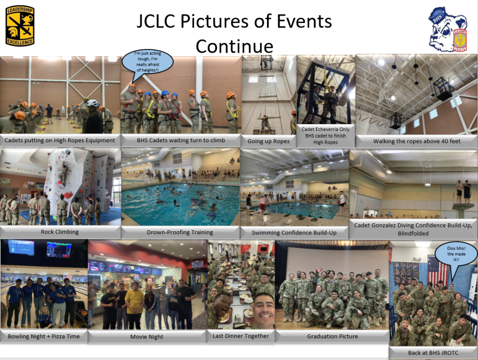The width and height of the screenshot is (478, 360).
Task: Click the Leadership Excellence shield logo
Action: pos(20,26)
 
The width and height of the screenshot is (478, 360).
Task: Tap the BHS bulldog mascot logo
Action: pos(448,29)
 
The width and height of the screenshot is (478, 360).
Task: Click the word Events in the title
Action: pos(304,21)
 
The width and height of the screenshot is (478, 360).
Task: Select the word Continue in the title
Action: pos(234,46)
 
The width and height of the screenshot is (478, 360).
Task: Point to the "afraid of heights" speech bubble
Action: pos(148,62)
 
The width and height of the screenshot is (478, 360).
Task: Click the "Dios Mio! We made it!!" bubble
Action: pos(456,254)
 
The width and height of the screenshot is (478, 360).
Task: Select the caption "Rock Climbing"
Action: pos(60,232)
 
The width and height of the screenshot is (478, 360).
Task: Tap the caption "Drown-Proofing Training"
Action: pos(180,232)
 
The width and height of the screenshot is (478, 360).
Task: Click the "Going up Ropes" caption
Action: pos(268,141)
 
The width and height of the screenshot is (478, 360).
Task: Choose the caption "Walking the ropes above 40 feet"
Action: pos(417,141)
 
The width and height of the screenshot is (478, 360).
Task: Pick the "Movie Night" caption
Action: pos(147,337)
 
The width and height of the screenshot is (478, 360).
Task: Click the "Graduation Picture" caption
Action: pos(332,336)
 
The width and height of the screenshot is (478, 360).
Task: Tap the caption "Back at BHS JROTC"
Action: pos(433,353)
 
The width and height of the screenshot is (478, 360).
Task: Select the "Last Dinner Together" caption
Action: pos(241,336)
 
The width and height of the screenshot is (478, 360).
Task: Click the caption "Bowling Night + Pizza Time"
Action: pos(43,336)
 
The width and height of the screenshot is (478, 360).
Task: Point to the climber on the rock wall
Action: pos(63,173)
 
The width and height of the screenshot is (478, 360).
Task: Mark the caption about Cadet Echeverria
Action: pos(325,136)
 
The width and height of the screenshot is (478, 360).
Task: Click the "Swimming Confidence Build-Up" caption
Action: pos(294,233)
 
